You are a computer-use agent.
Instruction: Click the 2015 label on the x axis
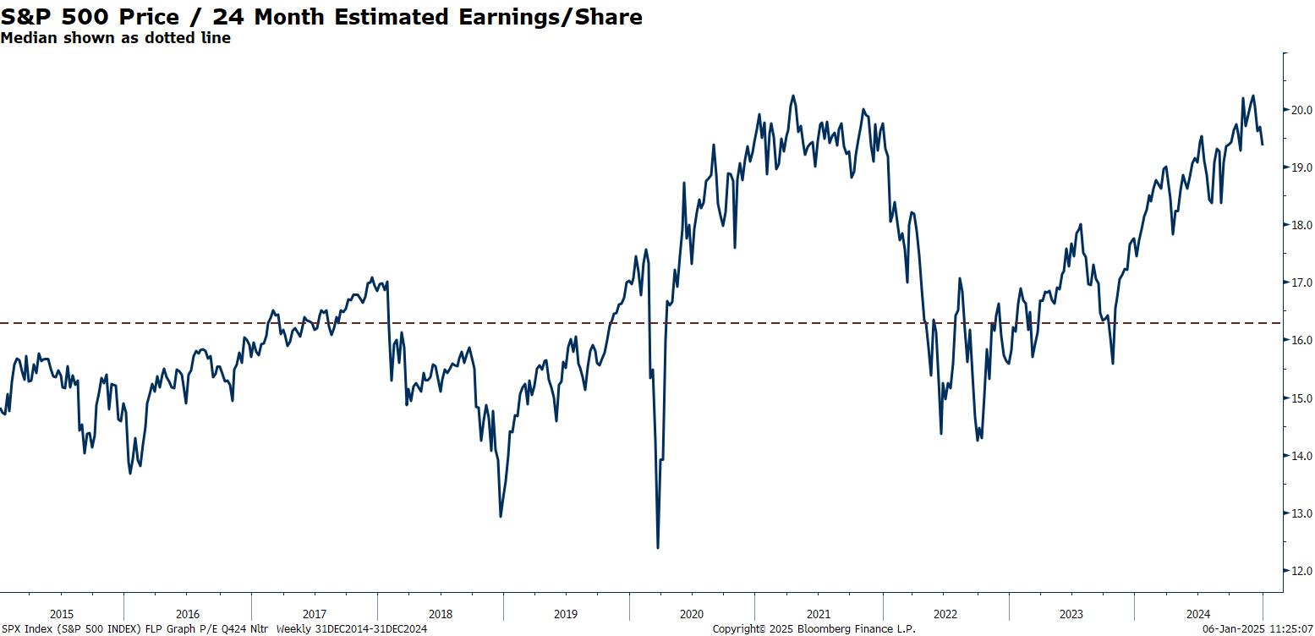pos(62,614)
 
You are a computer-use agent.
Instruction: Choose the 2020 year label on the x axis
pos(692,614)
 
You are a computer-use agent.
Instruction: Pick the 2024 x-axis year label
pos(1198,614)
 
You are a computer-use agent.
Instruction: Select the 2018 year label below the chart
pos(440,614)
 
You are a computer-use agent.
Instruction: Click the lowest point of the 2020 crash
pos(658,547)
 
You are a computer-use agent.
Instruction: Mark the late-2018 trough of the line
pos(501,516)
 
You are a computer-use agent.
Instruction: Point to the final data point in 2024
pos(1263,145)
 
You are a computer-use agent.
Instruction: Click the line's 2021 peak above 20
pos(793,96)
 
